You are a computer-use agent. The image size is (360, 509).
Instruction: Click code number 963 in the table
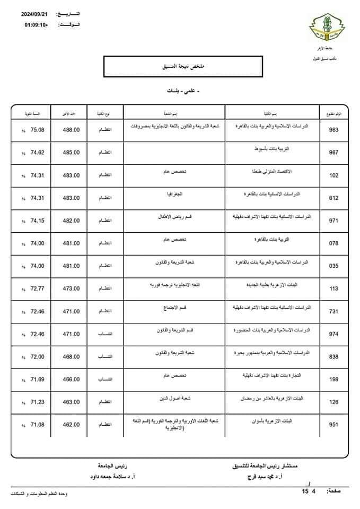click(334, 130)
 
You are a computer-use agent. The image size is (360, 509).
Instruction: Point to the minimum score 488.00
click(71, 130)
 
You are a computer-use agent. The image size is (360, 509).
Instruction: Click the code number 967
click(334, 153)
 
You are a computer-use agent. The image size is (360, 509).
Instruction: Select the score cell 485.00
click(71, 153)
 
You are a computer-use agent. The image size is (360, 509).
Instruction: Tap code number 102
click(334, 175)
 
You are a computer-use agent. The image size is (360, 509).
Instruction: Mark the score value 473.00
click(71, 289)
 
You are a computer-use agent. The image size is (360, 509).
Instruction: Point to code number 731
click(334, 312)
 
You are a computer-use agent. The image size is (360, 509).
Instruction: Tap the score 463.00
click(71, 402)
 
